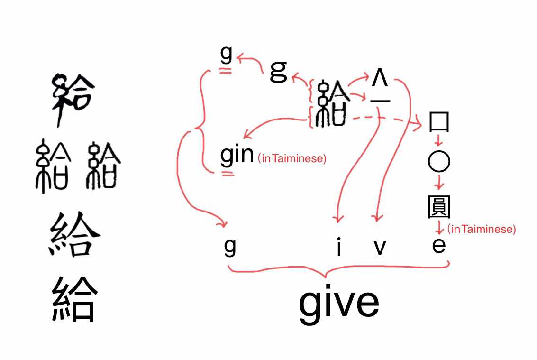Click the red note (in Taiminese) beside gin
[x=292, y=158]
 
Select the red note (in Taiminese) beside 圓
[x=482, y=229]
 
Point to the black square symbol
[x=439, y=122]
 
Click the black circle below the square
[x=439, y=161]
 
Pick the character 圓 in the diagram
[x=439, y=207]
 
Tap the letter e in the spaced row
[x=439, y=246]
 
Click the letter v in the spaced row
[x=380, y=247]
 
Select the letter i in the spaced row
[x=339, y=246]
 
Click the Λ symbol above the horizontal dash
[x=380, y=78]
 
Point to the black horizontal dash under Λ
[x=380, y=101]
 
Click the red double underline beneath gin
[x=228, y=174]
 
